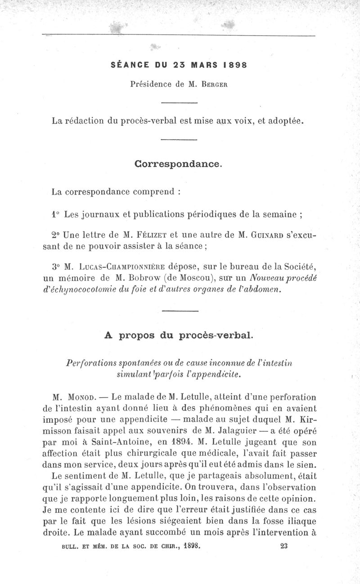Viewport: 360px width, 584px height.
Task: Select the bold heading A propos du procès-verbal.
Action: click(179, 335)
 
